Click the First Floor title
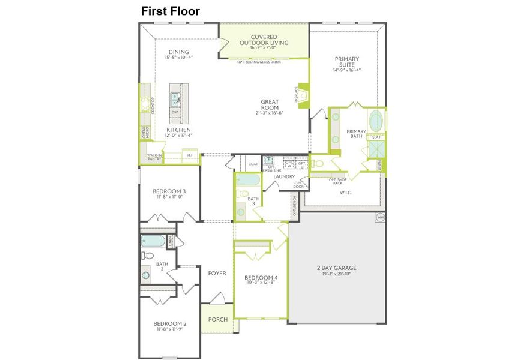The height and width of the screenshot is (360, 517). (170, 11)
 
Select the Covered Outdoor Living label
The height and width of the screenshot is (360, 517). (264, 40)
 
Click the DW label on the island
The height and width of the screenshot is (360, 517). (175, 112)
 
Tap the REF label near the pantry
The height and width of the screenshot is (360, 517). (190, 155)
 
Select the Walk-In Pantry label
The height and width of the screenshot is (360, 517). (154, 157)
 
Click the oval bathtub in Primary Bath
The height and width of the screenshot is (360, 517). (376, 121)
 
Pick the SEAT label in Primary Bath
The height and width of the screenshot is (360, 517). (376, 137)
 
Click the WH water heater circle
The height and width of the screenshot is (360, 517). (379, 217)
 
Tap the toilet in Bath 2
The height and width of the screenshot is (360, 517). (146, 255)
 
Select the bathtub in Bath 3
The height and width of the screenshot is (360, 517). (247, 180)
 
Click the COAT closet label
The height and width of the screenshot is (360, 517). (253, 163)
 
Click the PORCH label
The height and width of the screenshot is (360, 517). (218, 319)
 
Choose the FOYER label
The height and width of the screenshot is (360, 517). (217, 273)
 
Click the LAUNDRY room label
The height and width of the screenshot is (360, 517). (283, 176)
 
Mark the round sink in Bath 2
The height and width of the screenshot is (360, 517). (146, 276)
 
